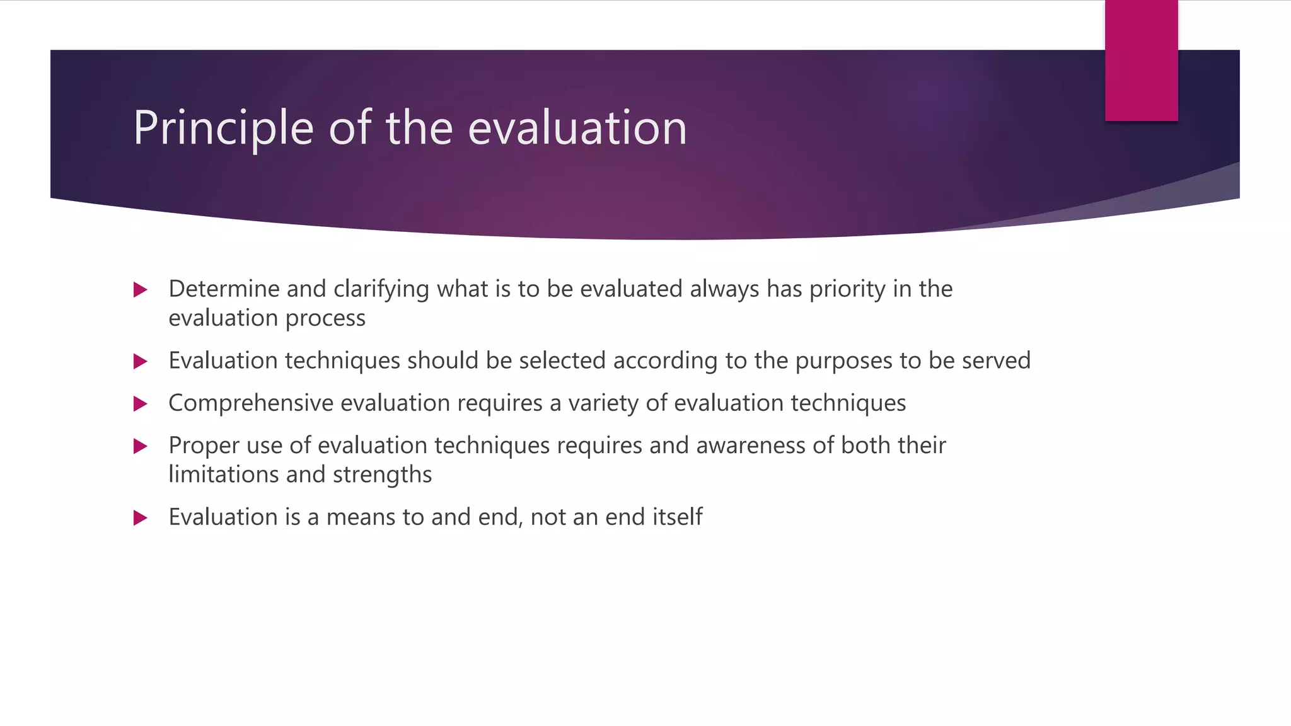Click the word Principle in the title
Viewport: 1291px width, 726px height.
223,128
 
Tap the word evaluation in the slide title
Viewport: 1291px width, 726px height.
577,128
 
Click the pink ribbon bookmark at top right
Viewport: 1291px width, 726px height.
1141,60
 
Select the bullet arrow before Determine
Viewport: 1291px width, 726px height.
141,290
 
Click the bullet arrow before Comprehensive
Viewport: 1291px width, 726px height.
141,404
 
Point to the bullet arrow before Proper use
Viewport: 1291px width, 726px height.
141,447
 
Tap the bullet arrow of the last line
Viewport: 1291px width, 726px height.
141,518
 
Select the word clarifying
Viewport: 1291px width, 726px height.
381,289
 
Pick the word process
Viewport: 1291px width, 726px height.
325,318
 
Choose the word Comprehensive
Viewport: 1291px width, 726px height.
250,403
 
